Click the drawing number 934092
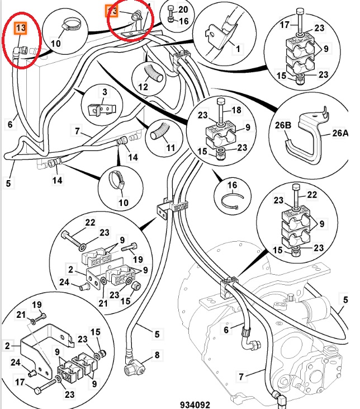tap(195, 403)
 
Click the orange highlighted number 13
tap(20, 27)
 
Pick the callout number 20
tap(182, 10)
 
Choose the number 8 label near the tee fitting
tap(157, 354)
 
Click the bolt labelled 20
tap(169, 10)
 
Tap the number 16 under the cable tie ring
tap(231, 185)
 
